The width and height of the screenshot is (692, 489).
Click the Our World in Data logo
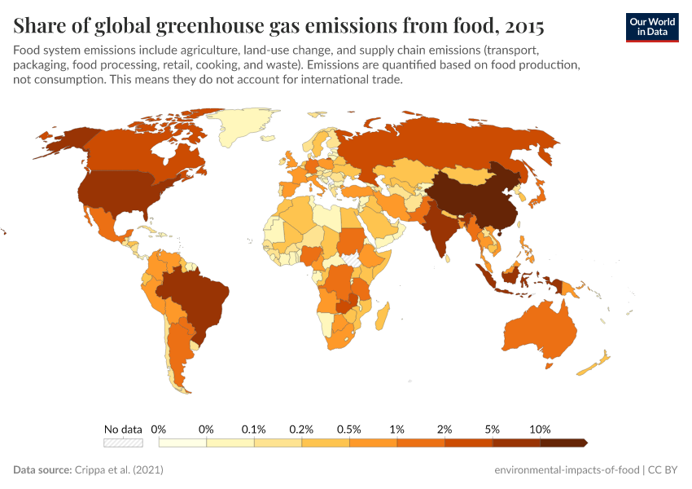651,27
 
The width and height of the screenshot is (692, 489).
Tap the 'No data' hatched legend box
123,443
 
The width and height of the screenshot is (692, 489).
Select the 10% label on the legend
540,429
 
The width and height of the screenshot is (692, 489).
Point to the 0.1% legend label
254,429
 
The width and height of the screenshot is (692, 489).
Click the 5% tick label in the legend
493,429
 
